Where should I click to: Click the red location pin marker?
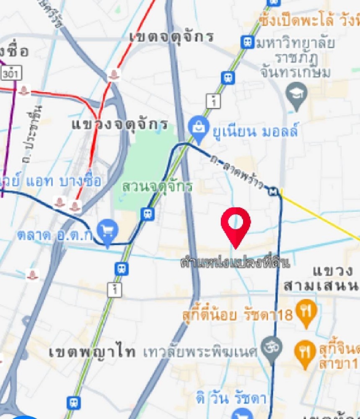(236, 224)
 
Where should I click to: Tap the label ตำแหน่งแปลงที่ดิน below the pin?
(236, 263)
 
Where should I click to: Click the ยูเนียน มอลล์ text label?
(256, 132)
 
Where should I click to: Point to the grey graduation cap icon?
(297, 95)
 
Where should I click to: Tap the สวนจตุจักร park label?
(157, 187)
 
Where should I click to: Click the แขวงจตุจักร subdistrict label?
(120, 124)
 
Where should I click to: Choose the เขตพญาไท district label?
(92, 352)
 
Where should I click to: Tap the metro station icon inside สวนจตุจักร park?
(148, 214)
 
